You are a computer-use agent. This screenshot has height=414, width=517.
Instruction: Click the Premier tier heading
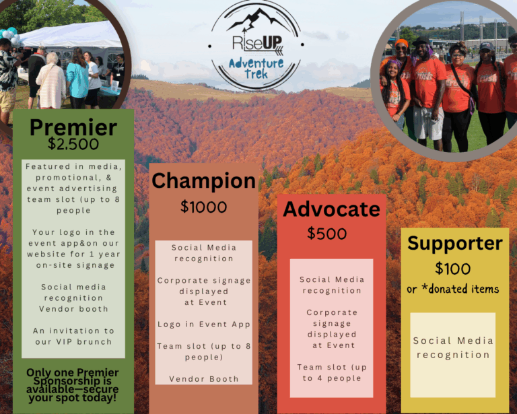tap(73, 127)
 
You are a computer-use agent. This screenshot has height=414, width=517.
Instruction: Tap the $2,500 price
tap(73, 144)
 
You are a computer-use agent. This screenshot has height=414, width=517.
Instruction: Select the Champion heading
tap(203, 181)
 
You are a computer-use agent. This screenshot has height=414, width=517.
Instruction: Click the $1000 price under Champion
tap(203, 207)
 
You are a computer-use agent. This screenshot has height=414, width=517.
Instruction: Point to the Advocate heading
tap(331, 209)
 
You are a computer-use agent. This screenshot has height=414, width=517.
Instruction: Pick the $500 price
tap(326, 234)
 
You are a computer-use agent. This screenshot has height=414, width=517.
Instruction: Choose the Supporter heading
tap(454, 244)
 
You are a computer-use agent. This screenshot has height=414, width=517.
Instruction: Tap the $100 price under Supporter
tap(452, 269)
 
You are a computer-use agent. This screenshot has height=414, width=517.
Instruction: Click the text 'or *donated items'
tap(452, 289)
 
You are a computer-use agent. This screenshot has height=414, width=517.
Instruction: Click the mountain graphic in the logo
tap(257, 20)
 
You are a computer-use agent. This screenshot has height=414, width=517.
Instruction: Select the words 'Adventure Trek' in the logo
tap(256, 68)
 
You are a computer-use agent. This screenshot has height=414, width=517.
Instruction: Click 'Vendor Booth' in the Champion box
tap(204, 379)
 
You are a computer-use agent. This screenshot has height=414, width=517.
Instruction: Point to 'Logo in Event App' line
tap(204, 324)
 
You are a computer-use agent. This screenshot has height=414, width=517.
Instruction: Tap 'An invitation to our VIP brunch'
tap(73, 336)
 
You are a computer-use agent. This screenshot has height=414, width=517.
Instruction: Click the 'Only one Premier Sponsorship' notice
tap(73, 385)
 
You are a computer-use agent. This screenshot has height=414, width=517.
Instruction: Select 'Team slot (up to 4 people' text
tap(332, 372)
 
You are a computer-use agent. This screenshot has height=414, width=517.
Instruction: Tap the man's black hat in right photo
tap(421, 41)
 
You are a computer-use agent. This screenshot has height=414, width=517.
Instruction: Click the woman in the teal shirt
tap(77, 79)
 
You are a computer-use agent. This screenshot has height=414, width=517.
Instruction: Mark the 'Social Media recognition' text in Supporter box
tap(453, 348)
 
